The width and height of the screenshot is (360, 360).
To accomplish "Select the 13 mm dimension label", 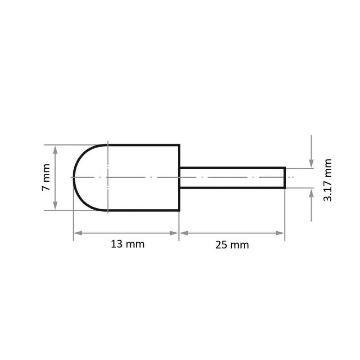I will [x=127, y=244].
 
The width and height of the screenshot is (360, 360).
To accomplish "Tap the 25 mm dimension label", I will [x=232, y=245].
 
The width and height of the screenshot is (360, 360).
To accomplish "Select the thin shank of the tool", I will [x=232, y=178].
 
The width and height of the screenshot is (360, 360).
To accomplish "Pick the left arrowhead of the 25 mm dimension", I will [x=184, y=233].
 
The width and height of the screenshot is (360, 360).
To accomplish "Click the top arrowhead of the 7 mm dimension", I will [x=55, y=148].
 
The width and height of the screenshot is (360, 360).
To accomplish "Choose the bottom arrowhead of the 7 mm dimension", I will [x=55, y=206].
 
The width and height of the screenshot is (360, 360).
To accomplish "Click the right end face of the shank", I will [x=285, y=178].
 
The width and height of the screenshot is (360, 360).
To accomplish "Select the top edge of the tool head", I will [x=144, y=145].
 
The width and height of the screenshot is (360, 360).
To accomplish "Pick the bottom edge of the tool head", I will [x=144, y=210].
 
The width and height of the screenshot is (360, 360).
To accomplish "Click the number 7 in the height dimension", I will [x=46, y=188].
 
